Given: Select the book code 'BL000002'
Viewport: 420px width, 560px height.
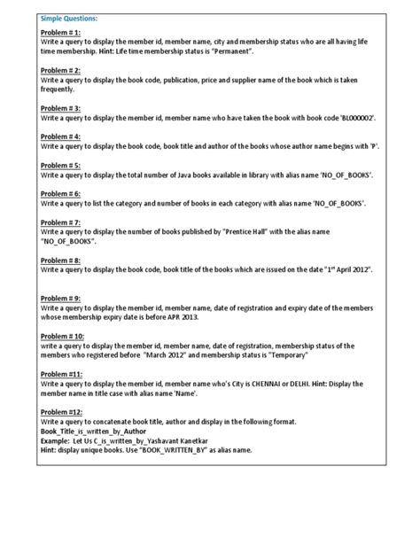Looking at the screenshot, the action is pyautogui.click(x=354, y=118).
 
